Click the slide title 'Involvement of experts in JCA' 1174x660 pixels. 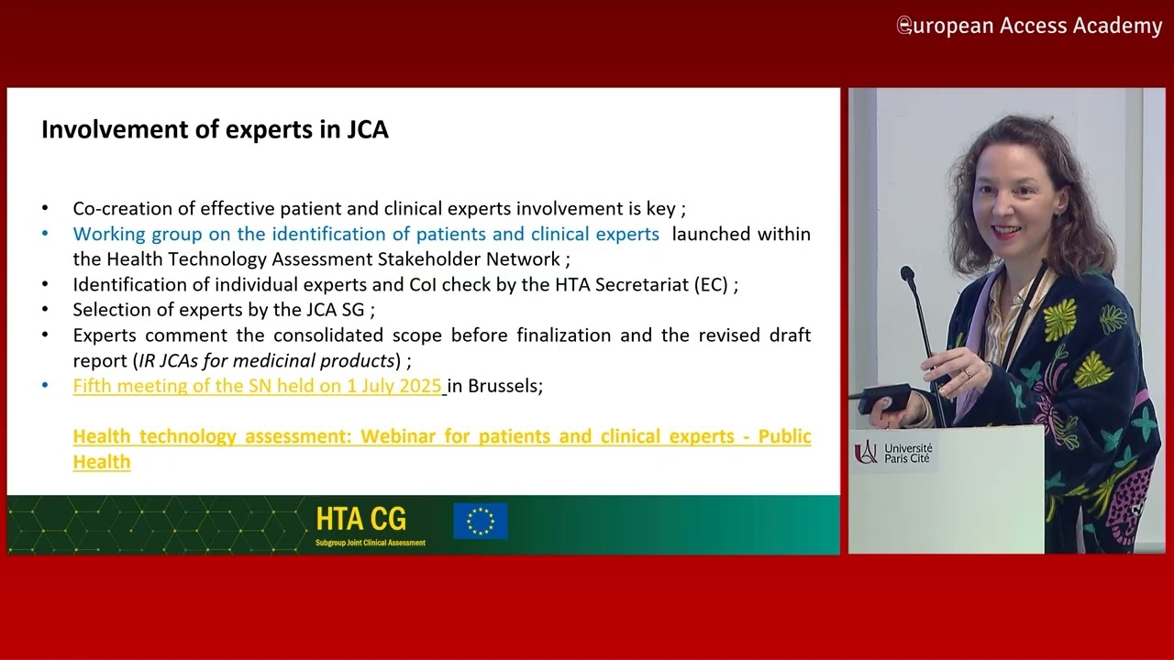point(215,130)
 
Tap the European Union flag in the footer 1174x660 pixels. point(481,522)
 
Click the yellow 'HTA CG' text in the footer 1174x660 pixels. point(361,519)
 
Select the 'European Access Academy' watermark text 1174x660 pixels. point(1029,26)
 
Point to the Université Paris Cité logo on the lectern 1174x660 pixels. point(893,453)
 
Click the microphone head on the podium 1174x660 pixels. point(908,274)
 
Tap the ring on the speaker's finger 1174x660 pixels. point(968,373)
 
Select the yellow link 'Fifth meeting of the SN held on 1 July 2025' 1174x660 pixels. point(258,386)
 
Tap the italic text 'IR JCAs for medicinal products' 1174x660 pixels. point(266,361)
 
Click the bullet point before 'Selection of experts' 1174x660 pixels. point(45,310)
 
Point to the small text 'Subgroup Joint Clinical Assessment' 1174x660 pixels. point(370,543)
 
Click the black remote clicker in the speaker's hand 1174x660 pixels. point(887,398)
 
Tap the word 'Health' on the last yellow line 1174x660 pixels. point(102,462)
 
